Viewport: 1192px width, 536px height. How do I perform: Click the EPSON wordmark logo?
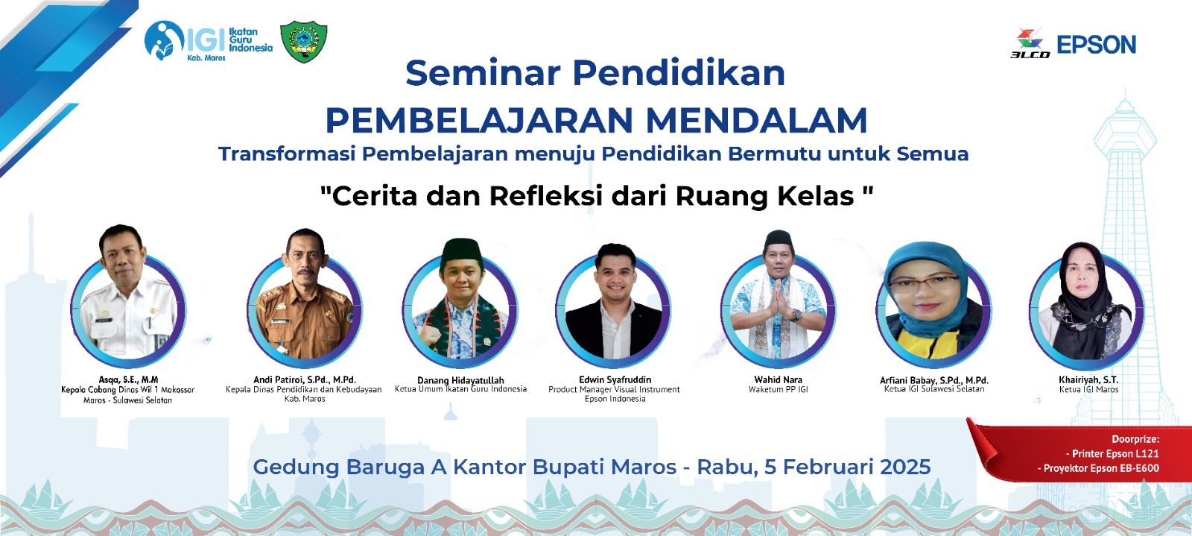pos(1096,45)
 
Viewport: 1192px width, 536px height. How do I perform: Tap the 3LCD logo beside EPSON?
pos(1030,43)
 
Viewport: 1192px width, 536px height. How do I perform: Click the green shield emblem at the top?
pos(304,42)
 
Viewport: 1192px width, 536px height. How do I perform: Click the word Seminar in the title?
pos(482,73)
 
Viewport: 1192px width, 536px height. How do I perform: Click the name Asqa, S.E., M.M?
pos(128,379)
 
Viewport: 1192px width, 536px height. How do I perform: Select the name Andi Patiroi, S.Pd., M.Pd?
pos(305,379)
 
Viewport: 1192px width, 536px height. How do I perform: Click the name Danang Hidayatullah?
pos(460,380)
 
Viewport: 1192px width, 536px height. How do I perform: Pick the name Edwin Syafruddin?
pos(615,379)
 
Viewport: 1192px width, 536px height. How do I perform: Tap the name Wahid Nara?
pos(778,379)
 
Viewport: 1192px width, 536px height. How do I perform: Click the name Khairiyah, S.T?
pos(1088,379)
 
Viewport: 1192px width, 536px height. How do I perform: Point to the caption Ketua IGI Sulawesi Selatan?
pos(934,389)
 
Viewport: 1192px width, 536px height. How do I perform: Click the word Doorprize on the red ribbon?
pos(1135,439)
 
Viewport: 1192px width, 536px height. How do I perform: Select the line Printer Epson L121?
pos(1113,453)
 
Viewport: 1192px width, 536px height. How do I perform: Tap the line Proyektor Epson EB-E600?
pos(1098,468)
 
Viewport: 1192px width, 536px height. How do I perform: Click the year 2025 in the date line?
pos(905,467)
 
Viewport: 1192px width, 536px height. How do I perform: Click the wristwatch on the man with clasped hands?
pos(796,315)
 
